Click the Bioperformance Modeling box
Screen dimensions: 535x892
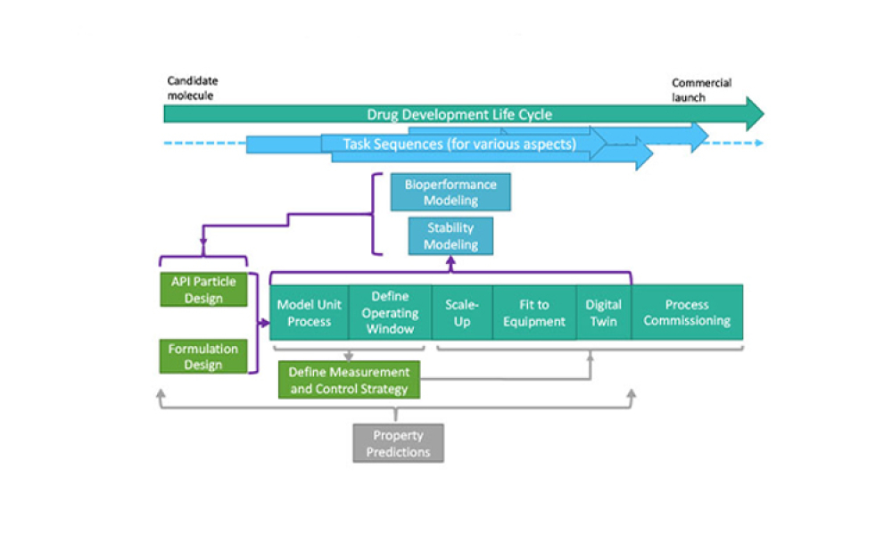[x=450, y=193]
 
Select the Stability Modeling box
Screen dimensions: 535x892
[x=450, y=236]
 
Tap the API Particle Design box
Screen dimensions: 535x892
[x=203, y=290]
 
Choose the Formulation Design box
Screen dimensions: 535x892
[x=203, y=356]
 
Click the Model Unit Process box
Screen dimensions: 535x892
[x=310, y=312]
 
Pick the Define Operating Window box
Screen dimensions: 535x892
[x=390, y=313]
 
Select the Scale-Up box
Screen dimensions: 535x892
[x=462, y=312]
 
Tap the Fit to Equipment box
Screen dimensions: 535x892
[x=534, y=312]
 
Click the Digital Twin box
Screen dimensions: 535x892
[x=603, y=312]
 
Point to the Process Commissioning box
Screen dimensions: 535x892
[x=687, y=312]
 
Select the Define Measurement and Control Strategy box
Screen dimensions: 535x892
[x=350, y=380]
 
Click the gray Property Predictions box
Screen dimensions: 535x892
[x=398, y=443]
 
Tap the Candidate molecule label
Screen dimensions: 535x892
[x=192, y=88]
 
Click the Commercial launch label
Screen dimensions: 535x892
[x=701, y=89]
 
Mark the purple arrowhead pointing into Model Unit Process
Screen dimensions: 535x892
[x=265, y=322]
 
